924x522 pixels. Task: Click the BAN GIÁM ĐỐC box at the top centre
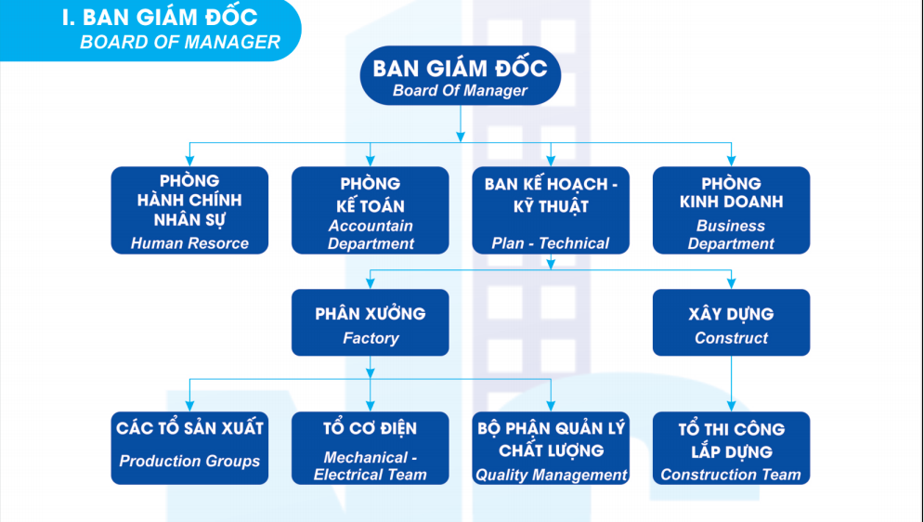coord(460,76)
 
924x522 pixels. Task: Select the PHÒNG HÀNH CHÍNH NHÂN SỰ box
coord(189,210)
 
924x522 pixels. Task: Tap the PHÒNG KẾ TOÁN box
coord(370,210)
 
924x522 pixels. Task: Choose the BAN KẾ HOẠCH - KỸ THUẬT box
coord(551,210)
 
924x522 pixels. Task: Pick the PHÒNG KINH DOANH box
coord(731,210)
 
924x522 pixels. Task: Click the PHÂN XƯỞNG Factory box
coord(370,322)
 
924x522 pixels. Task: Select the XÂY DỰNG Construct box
coord(731,322)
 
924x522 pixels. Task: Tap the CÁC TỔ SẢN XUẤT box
coord(189,448)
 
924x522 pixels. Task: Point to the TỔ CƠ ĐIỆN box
coord(370,448)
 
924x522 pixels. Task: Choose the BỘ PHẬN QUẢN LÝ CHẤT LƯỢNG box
coord(551,448)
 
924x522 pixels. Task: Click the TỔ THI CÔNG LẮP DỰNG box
coord(731,448)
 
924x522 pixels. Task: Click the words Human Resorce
coord(189,243)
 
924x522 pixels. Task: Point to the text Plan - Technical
coord(551,243)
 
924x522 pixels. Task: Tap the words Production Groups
coord(189,461)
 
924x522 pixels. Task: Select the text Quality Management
coord(552,475)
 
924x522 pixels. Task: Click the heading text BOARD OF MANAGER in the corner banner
coord(180,42)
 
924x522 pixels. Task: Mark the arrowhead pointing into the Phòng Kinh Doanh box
coord(731,161)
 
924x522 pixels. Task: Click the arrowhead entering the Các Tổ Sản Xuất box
coord(189,406)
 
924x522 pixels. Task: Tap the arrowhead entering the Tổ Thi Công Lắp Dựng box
coord(731,406)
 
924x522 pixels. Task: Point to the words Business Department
coord(731,234)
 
